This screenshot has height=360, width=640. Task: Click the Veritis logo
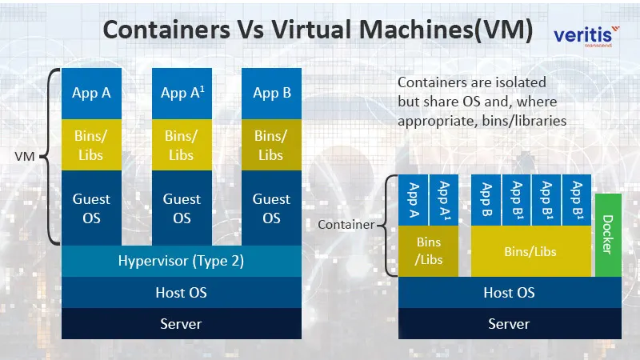(586, 36)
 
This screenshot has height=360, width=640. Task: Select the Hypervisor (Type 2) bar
(181, 260)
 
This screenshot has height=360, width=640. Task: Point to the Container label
(346, 225)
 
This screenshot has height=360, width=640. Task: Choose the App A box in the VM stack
(91, 93)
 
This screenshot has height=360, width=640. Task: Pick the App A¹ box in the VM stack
(182, 93)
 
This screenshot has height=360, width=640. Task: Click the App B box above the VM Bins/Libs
(271, 93)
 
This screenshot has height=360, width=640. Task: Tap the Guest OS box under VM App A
(91, 207)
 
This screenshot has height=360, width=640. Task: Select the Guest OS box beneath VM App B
(271, 207)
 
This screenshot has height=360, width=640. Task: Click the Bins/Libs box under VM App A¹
(182, 145)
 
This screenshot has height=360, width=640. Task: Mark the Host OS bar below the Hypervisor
(181, 292)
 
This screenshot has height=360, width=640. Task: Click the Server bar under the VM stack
(181, 324)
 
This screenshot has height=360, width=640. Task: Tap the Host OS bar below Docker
(509, 293)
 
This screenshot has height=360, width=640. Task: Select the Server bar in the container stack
(509, 324)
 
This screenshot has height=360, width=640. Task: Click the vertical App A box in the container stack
(414, 199)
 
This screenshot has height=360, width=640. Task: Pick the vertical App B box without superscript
(485, 199)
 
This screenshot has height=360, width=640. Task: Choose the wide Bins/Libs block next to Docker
(531, 251)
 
